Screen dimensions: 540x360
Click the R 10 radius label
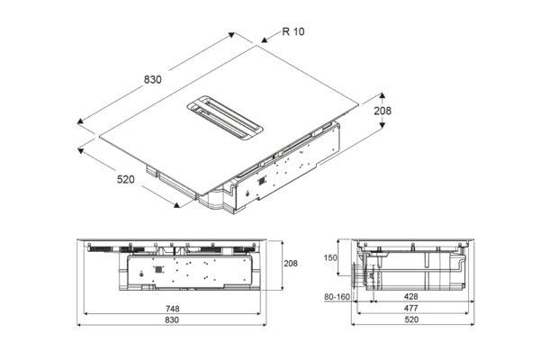pyautogui.click(x=293, y=31)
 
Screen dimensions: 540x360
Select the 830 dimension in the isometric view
pyautogui.click(x=153, y=79)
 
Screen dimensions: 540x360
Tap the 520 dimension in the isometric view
pyautogui.click(x=126, y=179)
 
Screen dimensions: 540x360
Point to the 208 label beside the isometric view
pyautogui.click(x=382, y=111)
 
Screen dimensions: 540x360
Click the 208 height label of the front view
pyautogui.click(x=291, y=264)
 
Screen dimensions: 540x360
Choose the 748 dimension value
pyautogui.click(x=172, y=309)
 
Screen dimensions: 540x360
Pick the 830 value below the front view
pyautogui.click(x=172, y=320)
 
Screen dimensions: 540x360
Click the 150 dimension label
pyautogui.click(x=330, y=257)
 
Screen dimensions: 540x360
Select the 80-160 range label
pyautogui.click(x=337, y=297)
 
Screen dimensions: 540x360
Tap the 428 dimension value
pyautogui.click(x=411, y=296)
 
